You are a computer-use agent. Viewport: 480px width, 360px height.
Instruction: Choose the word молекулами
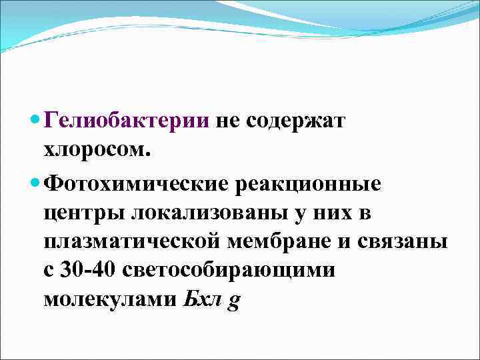111,301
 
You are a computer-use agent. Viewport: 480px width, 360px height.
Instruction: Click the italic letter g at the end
234,302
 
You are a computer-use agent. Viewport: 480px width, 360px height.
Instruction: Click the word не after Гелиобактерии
227,122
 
